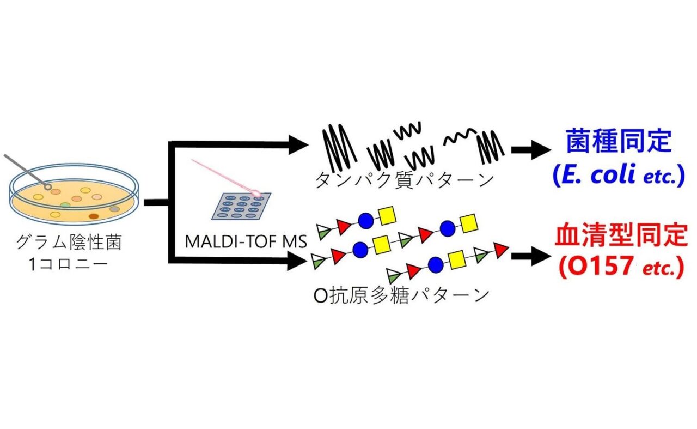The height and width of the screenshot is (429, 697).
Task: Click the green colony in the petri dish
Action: (x=65, y=205)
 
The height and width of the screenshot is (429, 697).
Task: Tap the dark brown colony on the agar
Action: (x=94, y=216)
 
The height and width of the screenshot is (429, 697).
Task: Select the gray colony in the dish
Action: (x=114, y=209)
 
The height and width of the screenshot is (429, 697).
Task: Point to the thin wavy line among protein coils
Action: (x=461, y=140)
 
